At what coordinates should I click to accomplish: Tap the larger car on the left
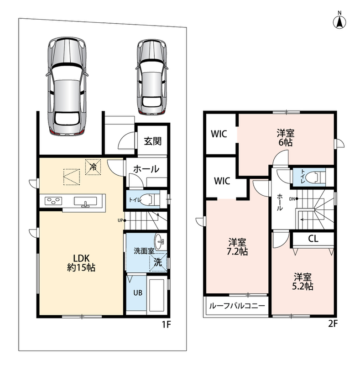pyautogui.click(x=67, y=86)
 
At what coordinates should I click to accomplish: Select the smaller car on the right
pyautogui.click(x=151, y=77)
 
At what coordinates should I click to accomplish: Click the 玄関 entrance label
pyautogui.click(x=152, y=141)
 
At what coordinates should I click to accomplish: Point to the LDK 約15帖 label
pyautogui.click(x=81, y=263)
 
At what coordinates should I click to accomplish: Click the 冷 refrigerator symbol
pyautogui.click(x=93, y=167)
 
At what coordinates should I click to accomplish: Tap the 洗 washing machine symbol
pyautogui.click(x=158, y=262)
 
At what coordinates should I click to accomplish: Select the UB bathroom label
pyautogui.click(x=138, y=292)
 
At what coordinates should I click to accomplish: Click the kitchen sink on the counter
pyautogui.click(x=85, y=202)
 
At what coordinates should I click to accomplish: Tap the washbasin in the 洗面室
pyautogui.click(x=160, y=241)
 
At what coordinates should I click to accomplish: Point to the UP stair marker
pyautogui.click(x=122, y=220)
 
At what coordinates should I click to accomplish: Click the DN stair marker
pyautogui.click(x=293, y=199)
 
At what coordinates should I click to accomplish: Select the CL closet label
pyautogui.click(x=313, y=239)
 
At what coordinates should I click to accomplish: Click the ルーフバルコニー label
pyautogui.click(x=237, y=306)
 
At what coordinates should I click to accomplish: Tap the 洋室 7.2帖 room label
pyautogui.click(x=237, y=247)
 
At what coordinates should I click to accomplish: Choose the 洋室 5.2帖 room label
pyautogui.click(x=303, y=282)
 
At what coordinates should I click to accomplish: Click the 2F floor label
pyautogui.click(x=333, y=324)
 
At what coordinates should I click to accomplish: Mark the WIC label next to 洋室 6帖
pyautogui.click(x=219, y=134)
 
